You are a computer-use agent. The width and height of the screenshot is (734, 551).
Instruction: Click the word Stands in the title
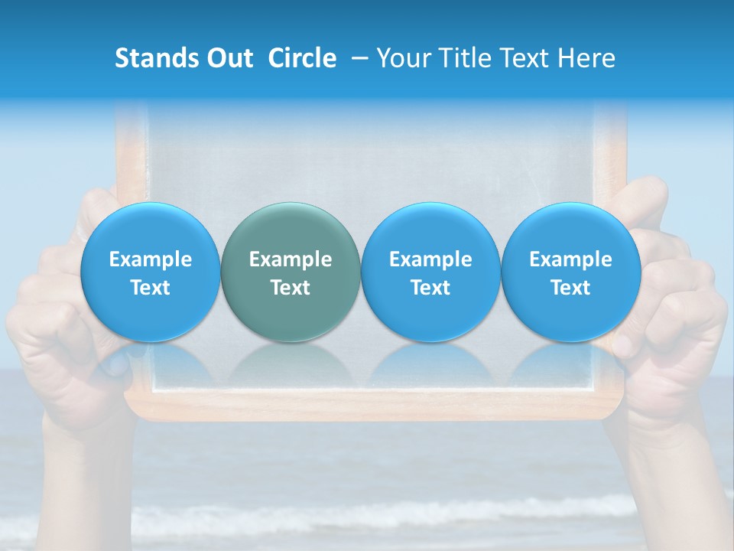point(156,59)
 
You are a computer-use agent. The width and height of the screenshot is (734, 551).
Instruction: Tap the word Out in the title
point(229,59)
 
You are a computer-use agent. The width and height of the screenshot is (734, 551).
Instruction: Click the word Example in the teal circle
point(291,259)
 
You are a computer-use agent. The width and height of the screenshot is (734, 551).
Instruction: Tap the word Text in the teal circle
point(291,288)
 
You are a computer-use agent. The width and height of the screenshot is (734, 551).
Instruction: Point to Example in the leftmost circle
point(150,259)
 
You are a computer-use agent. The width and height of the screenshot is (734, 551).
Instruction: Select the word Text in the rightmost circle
point(570,288)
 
